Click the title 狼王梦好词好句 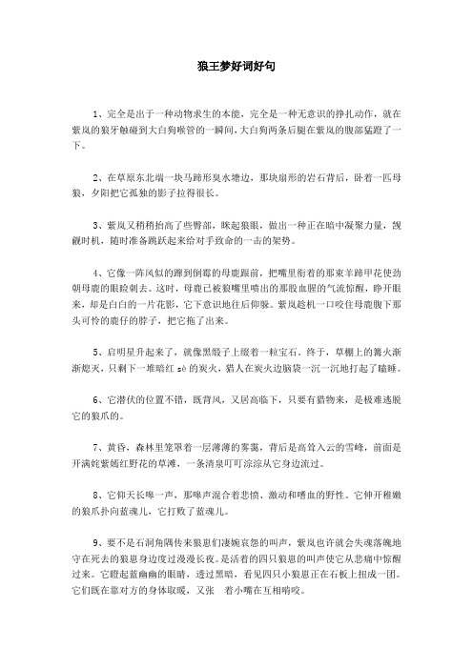click(x=236, y=68)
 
